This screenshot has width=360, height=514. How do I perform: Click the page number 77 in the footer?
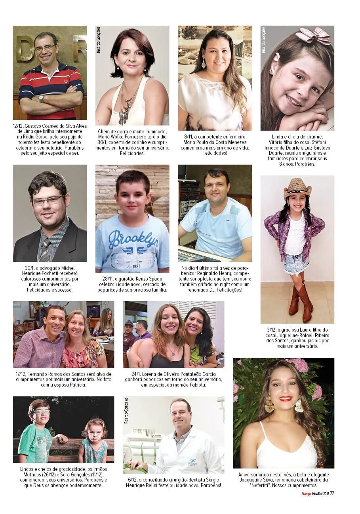332,493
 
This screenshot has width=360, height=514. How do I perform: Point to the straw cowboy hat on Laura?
297,187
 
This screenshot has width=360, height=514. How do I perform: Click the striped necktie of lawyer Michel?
45,250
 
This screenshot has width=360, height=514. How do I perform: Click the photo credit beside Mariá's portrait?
98,40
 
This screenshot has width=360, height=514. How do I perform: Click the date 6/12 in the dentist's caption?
132,480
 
